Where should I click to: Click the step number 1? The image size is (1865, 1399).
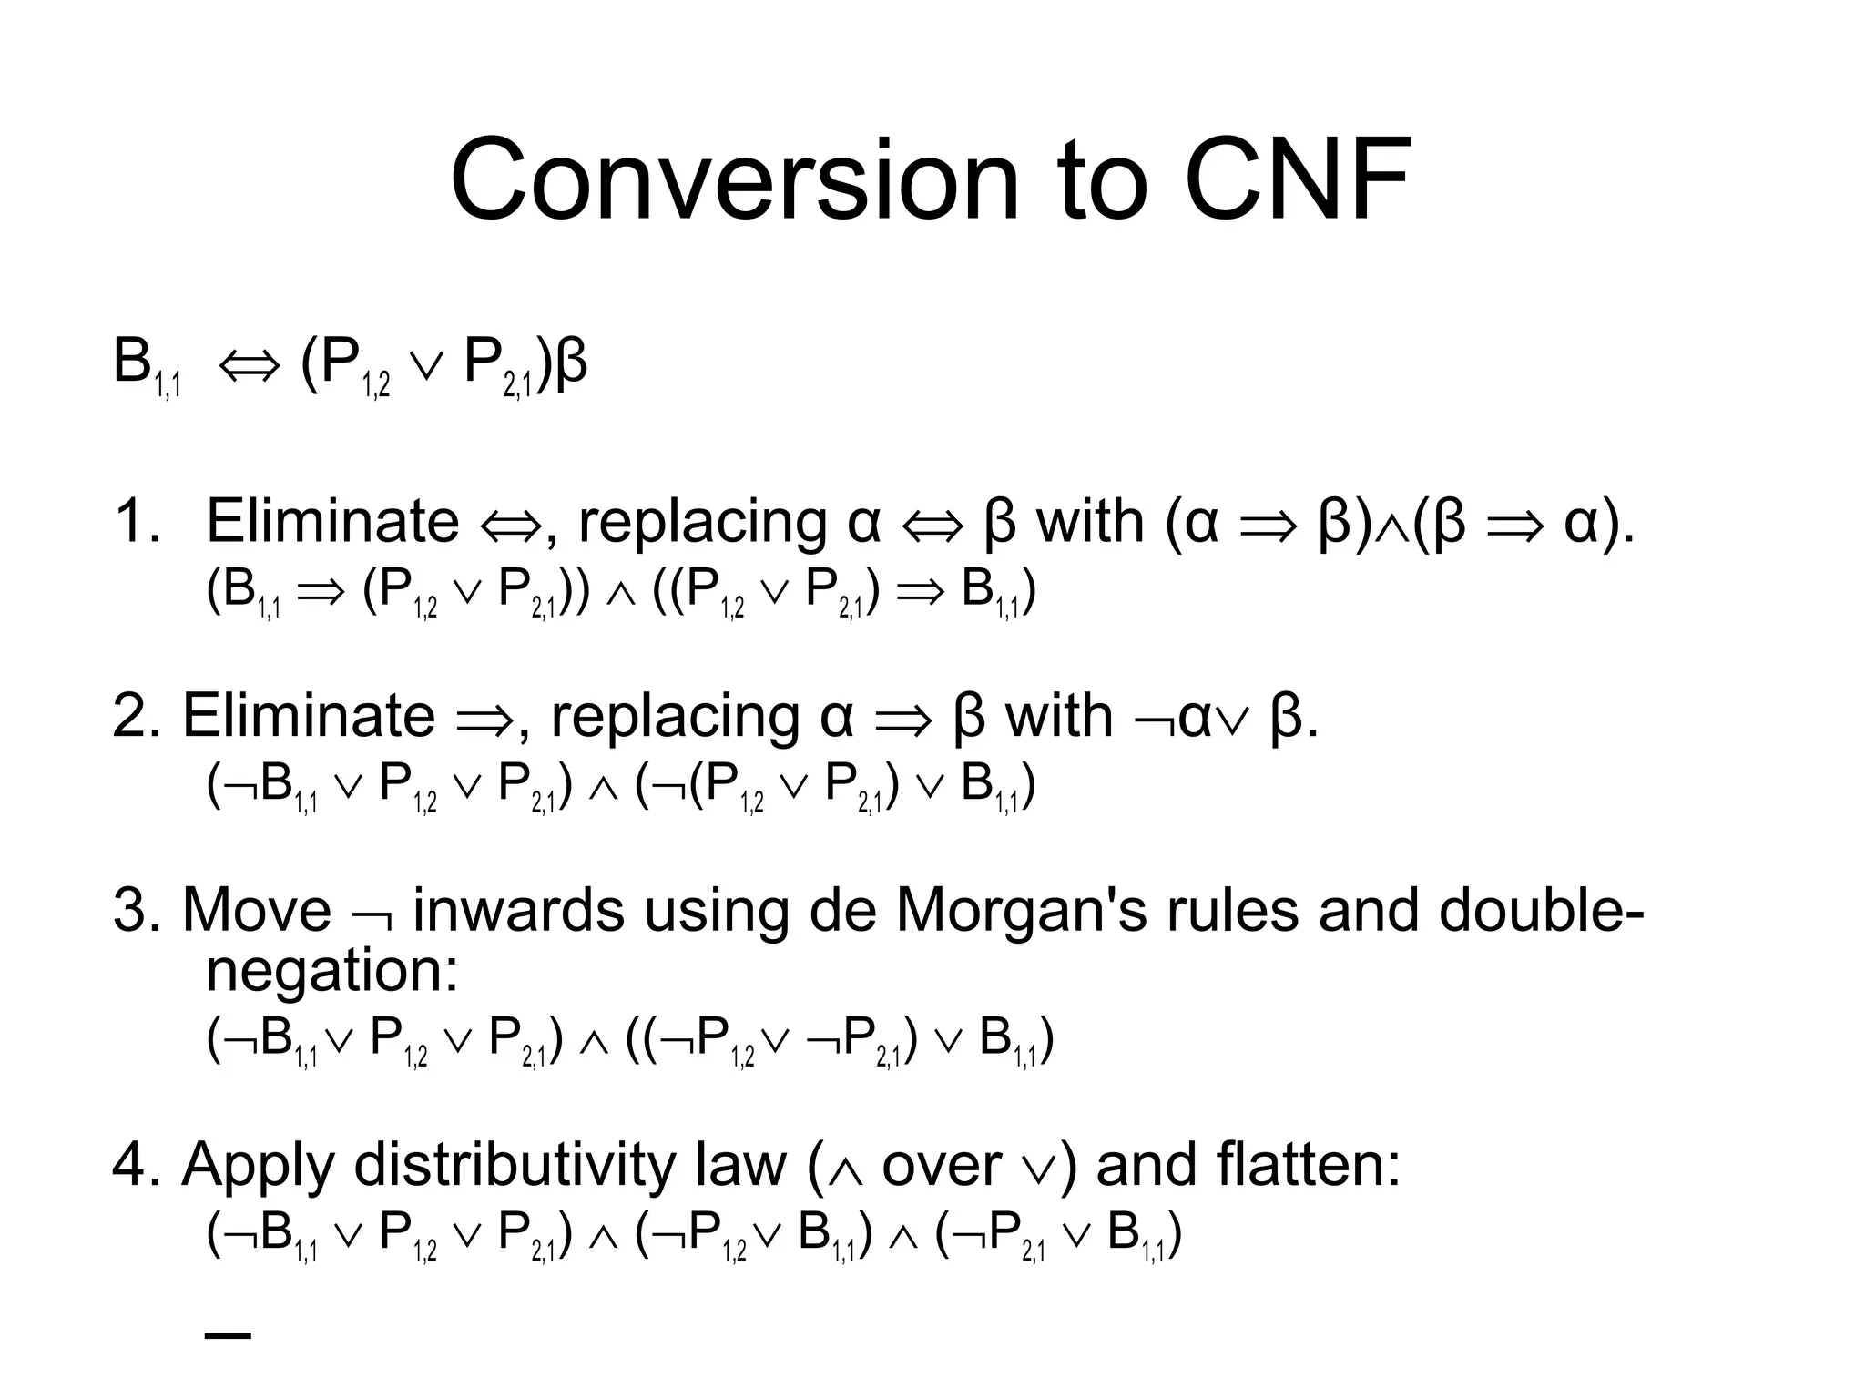136,522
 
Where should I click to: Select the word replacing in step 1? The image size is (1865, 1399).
702,524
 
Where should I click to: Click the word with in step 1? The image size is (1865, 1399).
1090,522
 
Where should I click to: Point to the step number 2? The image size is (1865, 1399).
136,716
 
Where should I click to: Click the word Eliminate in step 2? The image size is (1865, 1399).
309,716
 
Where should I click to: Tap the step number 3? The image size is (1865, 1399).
136,910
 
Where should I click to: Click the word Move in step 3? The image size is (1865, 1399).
257,910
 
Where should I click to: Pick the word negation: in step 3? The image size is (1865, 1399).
332,973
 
